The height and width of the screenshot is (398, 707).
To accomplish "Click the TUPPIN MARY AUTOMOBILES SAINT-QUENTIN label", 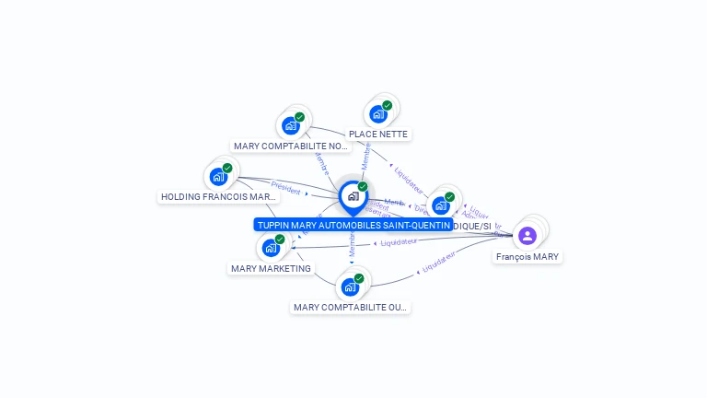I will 353,225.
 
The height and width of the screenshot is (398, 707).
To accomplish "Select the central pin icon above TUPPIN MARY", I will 353,195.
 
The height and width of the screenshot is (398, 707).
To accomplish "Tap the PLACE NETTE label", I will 378,135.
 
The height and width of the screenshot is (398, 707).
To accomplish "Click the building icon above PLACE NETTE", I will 377,114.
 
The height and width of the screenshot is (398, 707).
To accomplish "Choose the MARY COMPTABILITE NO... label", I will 292,146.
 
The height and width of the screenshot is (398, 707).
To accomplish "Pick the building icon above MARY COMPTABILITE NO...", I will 291,125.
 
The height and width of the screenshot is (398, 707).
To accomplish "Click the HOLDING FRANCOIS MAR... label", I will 218,196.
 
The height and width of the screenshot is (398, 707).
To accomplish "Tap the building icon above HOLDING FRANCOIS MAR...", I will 218,176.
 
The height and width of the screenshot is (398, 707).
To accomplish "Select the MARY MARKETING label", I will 271,268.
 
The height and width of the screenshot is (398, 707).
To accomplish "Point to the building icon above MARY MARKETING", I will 271,247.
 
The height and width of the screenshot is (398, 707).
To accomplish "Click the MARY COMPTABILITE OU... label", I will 350,307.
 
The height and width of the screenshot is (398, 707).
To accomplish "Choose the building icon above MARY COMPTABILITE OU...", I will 350,287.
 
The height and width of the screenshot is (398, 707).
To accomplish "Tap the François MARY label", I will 527,257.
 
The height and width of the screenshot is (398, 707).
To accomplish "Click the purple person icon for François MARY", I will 527,236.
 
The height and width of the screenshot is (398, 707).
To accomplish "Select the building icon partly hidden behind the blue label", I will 441,205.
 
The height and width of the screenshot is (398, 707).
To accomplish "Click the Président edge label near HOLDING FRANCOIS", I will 286,187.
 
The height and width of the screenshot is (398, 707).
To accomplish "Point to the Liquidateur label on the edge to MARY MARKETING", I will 399,242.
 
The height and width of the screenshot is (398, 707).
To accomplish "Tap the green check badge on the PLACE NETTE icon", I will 388,105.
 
